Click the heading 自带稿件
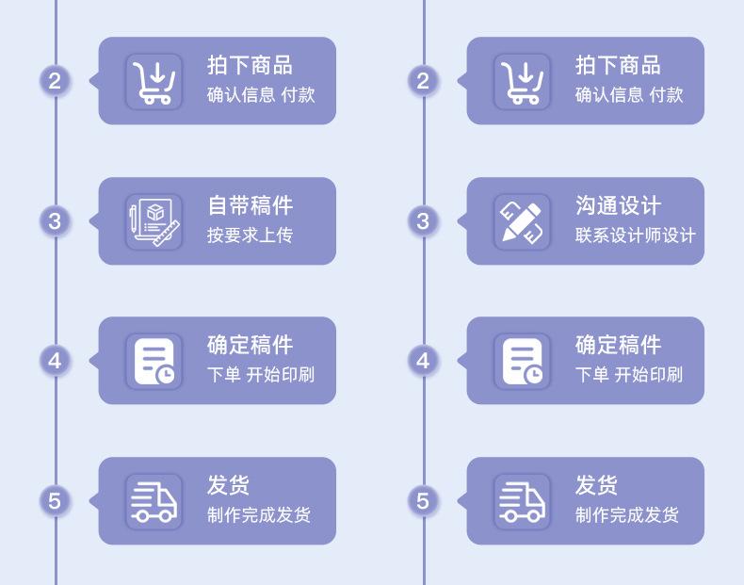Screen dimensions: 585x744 click(250, 205)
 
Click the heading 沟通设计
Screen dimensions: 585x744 click(618, 205)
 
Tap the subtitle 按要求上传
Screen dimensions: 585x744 click(250, 235)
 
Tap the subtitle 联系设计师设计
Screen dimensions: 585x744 click(635, 235)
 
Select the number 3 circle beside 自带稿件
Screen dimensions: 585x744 click(55, 221)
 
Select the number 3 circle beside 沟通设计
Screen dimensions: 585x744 click(423, 221)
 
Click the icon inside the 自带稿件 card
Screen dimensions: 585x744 click(154, 221)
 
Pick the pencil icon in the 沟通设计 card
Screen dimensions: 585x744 click(523, 221)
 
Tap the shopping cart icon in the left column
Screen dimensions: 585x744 click(154, 81)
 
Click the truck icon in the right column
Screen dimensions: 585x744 click(523, 501)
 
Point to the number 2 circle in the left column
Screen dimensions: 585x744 click(55, 81)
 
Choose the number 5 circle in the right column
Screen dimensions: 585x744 click(423, 501)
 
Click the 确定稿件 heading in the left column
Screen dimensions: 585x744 click(250, 346)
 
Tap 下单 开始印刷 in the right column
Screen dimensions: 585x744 click(628, 375)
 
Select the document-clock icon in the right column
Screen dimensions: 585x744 click(523, 361)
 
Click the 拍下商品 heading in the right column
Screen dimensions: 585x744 click(618, 65)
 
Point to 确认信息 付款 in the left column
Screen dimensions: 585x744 click(261, 94)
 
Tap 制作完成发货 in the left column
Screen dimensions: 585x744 click(258, 515)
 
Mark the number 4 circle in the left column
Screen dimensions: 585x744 click(55, 361)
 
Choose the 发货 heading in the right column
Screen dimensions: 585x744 click(596, 486)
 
